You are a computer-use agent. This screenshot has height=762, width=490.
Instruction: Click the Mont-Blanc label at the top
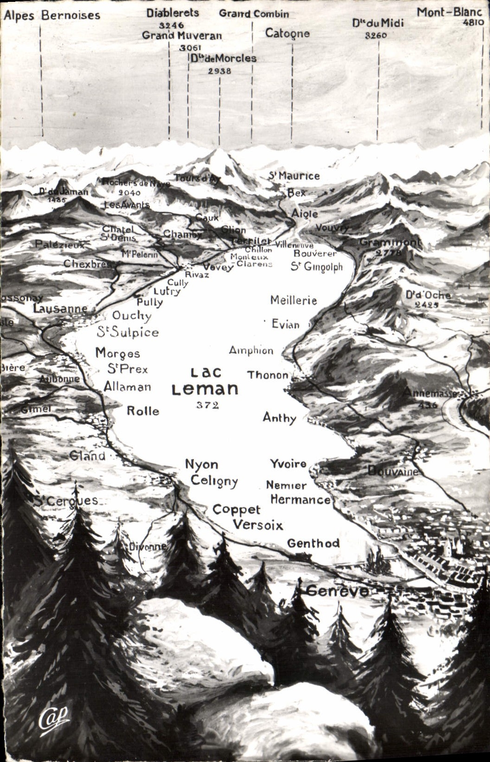coord(449,12)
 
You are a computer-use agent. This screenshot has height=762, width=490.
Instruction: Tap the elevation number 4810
coord(473,22)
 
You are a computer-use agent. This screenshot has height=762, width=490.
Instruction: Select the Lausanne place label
coord(60,309)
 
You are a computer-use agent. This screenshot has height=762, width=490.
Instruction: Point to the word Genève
coord(338,591)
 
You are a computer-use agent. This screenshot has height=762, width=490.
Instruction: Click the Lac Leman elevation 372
coord(207,405)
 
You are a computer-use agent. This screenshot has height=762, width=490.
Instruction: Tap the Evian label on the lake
coord(286,324)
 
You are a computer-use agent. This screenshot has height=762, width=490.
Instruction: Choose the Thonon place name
coord(268,375)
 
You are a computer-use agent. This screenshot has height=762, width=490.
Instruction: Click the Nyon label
coord(201,464)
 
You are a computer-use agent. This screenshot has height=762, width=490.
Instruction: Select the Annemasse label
coord(429,393)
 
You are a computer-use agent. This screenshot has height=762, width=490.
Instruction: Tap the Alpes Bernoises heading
coord(51,15)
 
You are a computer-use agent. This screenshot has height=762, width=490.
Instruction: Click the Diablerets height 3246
coord(172,25)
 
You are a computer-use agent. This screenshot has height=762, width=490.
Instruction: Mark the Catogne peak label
coord(287,33)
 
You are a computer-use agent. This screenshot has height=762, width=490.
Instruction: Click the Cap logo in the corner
coord(53,718)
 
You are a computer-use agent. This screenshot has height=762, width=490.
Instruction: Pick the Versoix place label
coord(258,525)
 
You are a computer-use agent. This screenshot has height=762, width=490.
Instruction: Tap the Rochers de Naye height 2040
coord(129,193)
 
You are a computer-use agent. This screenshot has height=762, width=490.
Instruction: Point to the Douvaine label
coord(393,471)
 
